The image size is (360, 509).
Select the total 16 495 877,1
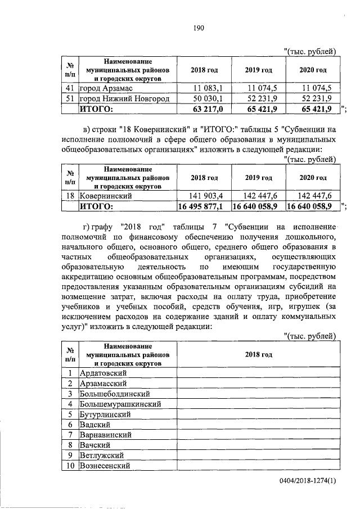201,206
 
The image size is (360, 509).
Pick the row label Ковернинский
106,196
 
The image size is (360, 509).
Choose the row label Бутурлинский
105,414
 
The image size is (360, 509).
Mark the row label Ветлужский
102,456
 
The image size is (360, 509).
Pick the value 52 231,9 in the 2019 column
259,98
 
